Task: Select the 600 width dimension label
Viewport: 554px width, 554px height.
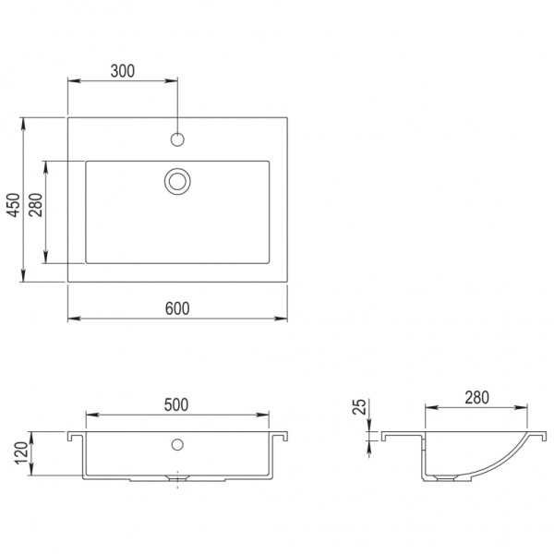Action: coord(177,309)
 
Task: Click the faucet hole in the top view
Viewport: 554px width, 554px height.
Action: coord(178,140)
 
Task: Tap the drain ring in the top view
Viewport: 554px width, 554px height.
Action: coord(177,180)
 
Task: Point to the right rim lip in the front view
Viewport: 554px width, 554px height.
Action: coord(282,434)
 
